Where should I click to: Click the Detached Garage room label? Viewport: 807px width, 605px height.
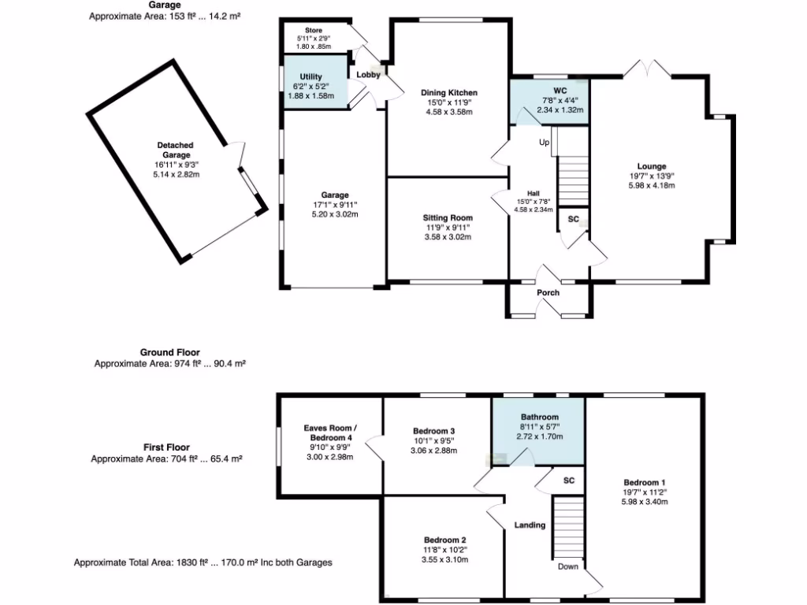pyautogui.click(x=174, y=150)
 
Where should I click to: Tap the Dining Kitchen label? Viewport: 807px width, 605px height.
pyautogui.click(x=448, y=93)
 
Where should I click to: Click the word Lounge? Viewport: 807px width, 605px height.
pyautogui.click(x=652, y=166)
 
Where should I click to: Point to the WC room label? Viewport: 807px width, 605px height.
pyautogui.click(x=560, y=91)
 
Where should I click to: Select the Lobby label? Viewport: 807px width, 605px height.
pyautogui.click(x=369, y=75)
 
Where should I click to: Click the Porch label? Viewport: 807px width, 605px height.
pyautogui.click(x=548, y=293)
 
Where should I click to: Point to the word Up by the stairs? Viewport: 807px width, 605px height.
pyautogui.click(x=544, y=143)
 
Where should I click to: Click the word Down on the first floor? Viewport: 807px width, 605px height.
pyautogui.click(x=567, y=566)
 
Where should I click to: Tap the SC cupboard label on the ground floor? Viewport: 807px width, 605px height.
pyautogui.click(x=574, y=219)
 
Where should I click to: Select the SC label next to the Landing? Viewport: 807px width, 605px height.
pyautogui.click(x=568, y=480)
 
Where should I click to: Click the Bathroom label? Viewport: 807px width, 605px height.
pyautogui.click(x=539, y=417)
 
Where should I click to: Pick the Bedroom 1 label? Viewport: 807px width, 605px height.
pyautogui.click(x=645, y=482)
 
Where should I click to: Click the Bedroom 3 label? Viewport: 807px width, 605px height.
pyautogui.click(x=434, y=430)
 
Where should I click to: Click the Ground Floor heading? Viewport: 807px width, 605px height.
pyautogui.click(x=169, y=352)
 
